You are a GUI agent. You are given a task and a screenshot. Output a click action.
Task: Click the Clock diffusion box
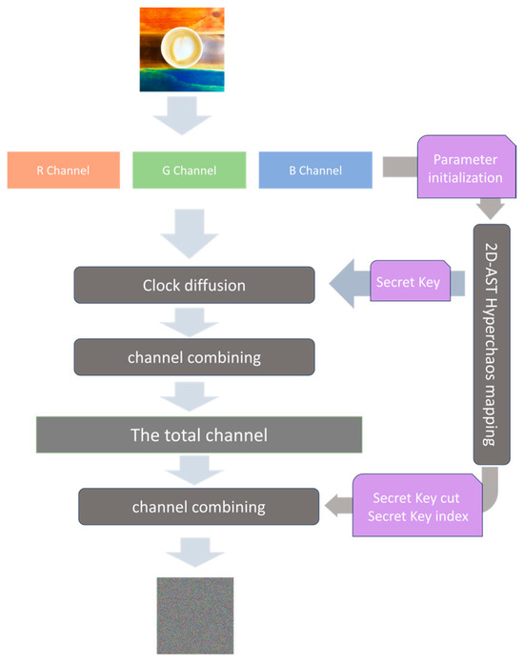[195, 285]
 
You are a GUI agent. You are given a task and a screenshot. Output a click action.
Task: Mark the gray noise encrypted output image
[193, 615]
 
